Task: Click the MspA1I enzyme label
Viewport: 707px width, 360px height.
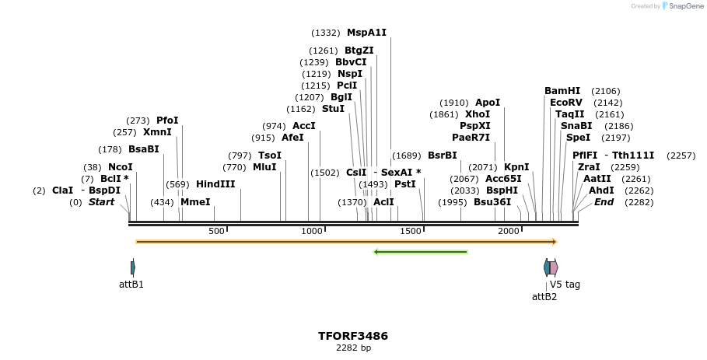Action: coord(366,33)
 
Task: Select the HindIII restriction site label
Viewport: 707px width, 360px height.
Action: coord(215,184)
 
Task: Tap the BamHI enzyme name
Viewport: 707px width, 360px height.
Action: coord(562,91)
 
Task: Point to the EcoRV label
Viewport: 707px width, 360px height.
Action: coord(565,103)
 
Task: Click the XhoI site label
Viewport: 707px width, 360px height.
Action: coord(478,114)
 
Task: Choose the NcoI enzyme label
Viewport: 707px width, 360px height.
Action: coord(121,167)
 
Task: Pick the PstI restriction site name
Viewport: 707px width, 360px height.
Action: coord(405,184)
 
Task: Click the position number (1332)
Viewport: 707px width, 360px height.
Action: coord(325,33)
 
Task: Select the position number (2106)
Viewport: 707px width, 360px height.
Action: coord(605,91)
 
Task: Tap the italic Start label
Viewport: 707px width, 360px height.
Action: coord(101,202)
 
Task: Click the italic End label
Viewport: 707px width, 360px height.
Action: coord(604,202)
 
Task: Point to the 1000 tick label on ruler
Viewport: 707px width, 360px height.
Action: coord(311,231)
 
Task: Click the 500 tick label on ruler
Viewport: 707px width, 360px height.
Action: coord(216,231)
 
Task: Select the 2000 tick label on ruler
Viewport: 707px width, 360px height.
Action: coord(509,231)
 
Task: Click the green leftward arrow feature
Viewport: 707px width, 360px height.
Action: coord(420,252)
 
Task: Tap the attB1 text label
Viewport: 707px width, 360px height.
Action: coord(131,285)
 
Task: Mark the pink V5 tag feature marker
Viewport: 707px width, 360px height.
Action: coord(554,267)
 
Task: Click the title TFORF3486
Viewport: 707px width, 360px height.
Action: coord(352,336)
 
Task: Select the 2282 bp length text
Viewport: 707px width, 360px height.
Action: coord(352,348)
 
